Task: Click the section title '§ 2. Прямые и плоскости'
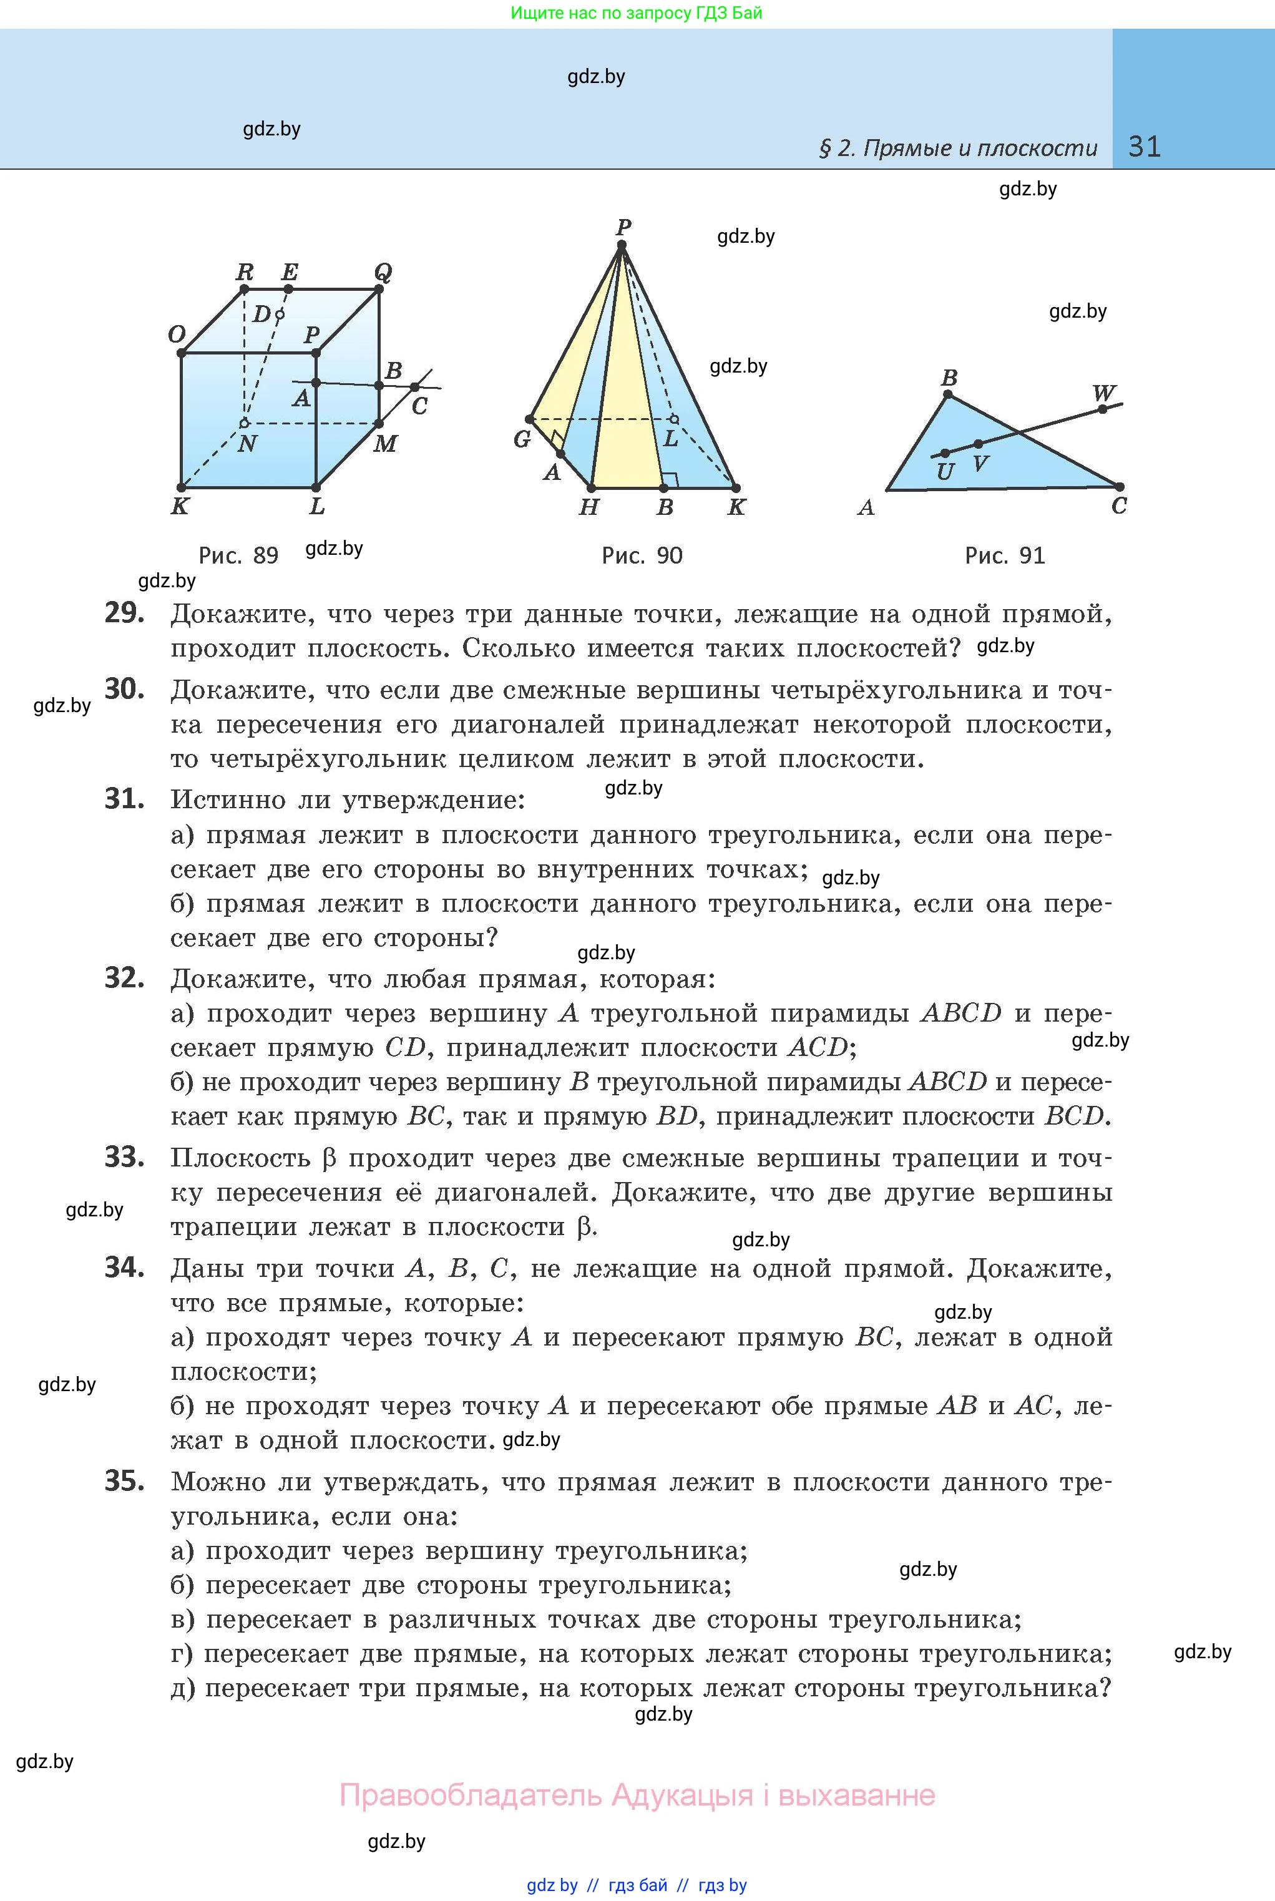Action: (957, 148)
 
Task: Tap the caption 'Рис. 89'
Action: (238, 555)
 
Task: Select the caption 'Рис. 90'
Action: (642, 555)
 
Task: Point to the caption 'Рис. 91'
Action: (1004, 555)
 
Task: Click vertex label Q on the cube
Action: (382, 271)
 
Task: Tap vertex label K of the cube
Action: (180, 507)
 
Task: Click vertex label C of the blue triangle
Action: (1119, 506)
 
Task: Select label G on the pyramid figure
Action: (522, 439)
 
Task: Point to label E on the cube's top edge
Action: (289, 271)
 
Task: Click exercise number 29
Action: (124, 613)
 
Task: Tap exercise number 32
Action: (124, 978)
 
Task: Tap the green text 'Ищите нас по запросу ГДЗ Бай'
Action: (636, 13)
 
